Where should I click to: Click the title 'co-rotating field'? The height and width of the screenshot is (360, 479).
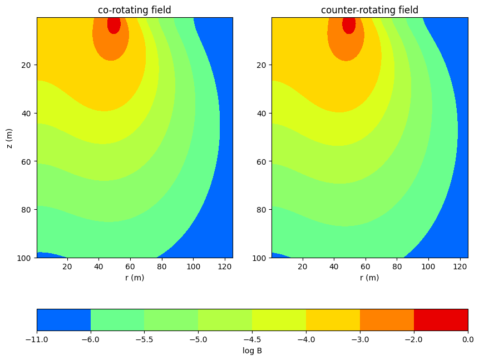tap(134, 10)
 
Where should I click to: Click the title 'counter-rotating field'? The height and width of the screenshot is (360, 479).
tap(369, 10)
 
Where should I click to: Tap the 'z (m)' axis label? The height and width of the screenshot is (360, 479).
tap(9, 137)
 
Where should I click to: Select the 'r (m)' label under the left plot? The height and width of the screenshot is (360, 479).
tap(134, 278)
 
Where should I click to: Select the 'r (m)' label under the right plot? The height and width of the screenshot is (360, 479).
tap(369, 278)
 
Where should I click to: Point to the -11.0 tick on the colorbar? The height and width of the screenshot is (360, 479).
tap(37, 339)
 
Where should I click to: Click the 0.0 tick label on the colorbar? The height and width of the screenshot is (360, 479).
tap(468, 339)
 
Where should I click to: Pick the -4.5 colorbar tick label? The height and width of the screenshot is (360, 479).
tap(252, 339)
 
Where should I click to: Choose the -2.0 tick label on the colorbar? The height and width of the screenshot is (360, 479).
tap(414, 339)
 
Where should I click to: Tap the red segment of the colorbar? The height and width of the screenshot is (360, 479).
tap(441, 320)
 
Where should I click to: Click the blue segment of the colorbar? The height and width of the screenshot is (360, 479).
tap(63, 320)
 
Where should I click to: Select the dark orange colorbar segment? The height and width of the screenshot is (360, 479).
tap(387, 320)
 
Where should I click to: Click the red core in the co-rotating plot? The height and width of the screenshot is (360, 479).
tap(113, 25)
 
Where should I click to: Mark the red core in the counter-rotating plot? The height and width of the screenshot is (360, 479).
tap(349, 25)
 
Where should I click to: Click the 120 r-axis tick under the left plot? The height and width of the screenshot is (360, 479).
tap(224, 267)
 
